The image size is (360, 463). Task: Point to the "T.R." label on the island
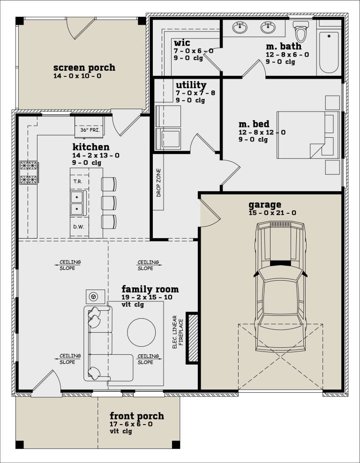click(x=77, y=181)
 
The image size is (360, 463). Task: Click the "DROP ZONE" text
click(x=158, y=183)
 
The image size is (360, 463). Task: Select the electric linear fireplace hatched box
click(x=192, y=337)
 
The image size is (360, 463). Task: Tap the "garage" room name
click(x=265, y=205)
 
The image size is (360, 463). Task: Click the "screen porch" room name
click(x=84, y=67)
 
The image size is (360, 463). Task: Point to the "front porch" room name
click(x=137, y=416)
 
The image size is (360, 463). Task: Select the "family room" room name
click(x=150, y=289)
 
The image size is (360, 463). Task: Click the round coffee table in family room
click(x=141, y=332)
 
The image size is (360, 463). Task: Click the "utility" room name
click(x=191, y=85)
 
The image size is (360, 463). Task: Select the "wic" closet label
click(x=181, y=43)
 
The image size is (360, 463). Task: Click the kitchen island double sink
click(x=77, y=202)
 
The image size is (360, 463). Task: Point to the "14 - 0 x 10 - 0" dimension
click(x=77, y=75)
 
